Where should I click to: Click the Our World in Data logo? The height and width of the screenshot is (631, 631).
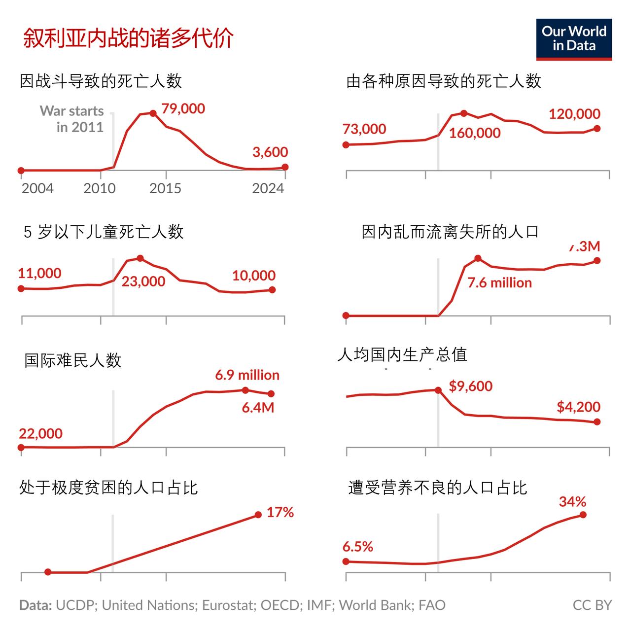pos(574,39)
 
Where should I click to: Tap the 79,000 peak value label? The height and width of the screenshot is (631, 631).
pos(183,108)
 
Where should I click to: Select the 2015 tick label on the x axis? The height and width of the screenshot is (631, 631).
pos(165,188)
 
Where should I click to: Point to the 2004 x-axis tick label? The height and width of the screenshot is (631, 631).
pos(37,188)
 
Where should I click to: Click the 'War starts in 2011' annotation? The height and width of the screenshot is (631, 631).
pos(72,119)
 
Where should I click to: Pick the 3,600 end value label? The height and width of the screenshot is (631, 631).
pos(270,152)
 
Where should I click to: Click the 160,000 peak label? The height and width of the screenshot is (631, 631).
pos(475,133)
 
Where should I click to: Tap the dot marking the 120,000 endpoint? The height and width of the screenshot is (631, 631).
pos(597,128)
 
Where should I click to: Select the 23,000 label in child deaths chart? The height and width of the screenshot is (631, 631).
pos(143,281)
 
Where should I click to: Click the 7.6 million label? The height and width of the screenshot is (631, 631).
pos(499,282)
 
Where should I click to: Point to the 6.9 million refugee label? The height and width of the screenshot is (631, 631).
pos(247,375)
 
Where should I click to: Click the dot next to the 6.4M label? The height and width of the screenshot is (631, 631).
pos(271,394)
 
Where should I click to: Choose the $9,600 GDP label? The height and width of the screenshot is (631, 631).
pos(470,386)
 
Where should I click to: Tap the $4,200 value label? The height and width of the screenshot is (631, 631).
pos(578,407)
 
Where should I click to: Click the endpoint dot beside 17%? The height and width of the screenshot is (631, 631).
pos(258,515)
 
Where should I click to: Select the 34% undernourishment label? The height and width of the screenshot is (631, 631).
pos(572,502)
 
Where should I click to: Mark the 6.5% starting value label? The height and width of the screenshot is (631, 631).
pos(358,546)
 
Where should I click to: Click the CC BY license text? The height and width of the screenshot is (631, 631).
pos(592,605)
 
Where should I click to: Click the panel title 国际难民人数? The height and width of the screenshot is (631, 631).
pos(73,360)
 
